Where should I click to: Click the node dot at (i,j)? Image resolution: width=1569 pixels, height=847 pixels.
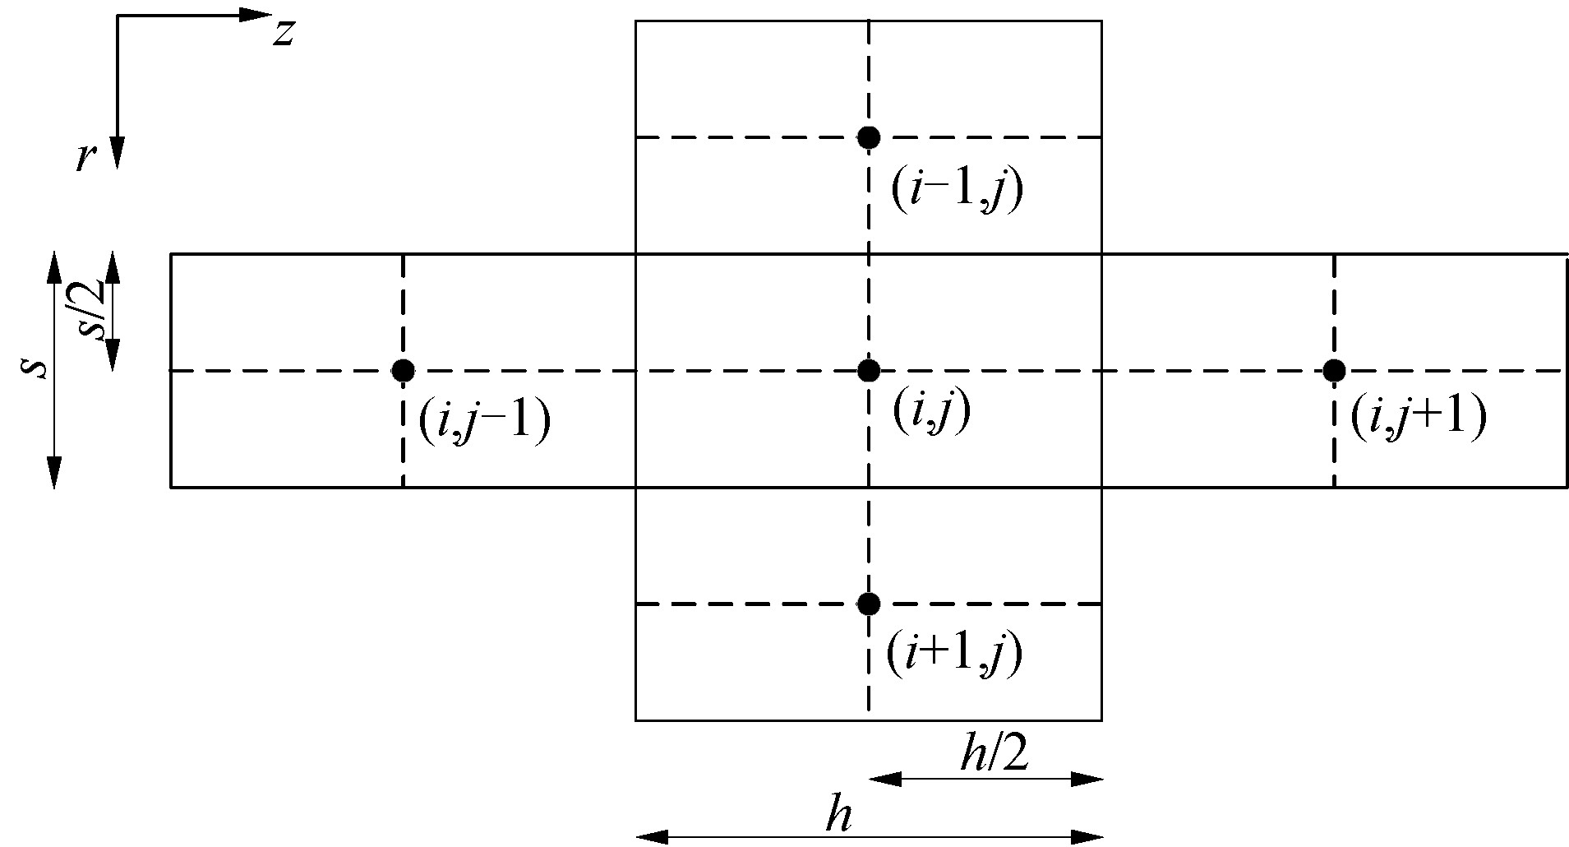(x=868, y=371)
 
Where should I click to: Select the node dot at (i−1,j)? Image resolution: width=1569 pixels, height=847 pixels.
(x=868, y=137)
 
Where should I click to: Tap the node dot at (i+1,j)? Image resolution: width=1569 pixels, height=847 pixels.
(x=868, y=604)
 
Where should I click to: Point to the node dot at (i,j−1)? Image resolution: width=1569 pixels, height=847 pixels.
(x=403, y=371)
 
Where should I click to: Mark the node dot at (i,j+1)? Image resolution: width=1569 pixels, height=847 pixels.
(x=1334, y=371)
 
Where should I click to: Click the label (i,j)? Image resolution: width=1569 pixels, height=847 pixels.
(x=931, y=410)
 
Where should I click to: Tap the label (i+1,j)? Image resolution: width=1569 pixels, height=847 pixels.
(x=953, y=655)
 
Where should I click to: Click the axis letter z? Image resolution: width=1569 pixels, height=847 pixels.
(x=284, y=33)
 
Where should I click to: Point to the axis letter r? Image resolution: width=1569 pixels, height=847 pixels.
(x=83, y=157)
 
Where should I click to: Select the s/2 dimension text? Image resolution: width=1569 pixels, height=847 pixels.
(x=96, y=308)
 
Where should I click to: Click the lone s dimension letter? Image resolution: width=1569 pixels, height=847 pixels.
(x=32, y=368)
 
